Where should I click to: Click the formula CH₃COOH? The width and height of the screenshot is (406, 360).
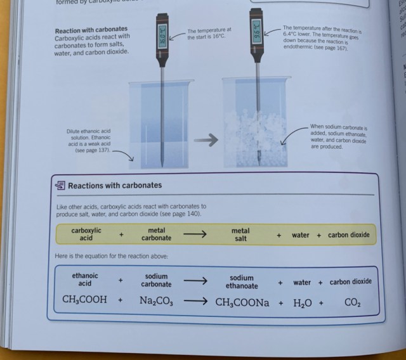coord(84,300)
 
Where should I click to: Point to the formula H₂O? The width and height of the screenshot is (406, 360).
coord(303,303)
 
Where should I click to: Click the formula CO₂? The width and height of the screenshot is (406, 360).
coord(353,303)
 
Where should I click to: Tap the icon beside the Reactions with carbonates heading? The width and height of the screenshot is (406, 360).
coord(60,186)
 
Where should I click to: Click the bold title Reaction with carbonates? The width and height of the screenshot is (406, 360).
coord(91,30)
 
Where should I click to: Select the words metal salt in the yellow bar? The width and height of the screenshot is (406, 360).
coord(240,235)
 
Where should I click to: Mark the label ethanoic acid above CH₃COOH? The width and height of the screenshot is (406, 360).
coord(85,280)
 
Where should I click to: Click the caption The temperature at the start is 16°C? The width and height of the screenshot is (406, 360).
coord(210,34)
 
